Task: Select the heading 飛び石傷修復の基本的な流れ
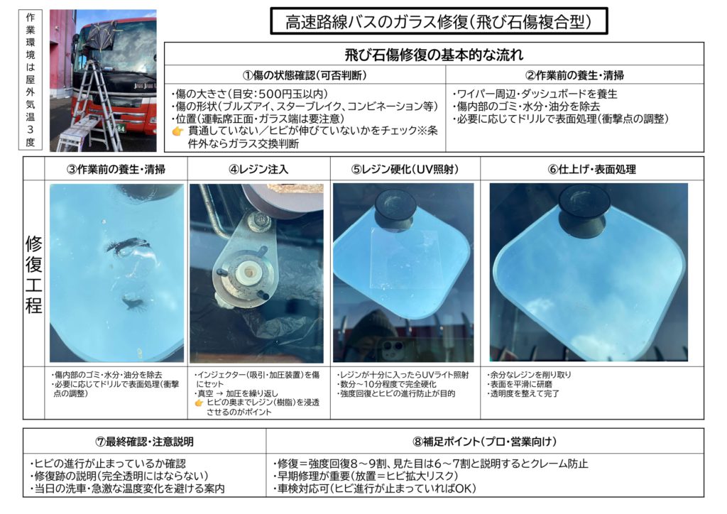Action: pyautogui.click(x=434, y=55)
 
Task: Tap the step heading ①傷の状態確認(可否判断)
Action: pyautogui.click(x=305, y=75)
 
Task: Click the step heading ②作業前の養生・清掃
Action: pyautogui.click(x=574, y=75)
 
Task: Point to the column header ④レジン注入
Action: pyautogui.click(x=258, y=169)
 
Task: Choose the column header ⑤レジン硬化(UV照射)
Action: pyautogui.click(x=405, y=169)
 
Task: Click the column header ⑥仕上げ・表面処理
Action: pyautogui.click(x=591, y=169)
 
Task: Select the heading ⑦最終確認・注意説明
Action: pyautogui.click(x=144, y=442)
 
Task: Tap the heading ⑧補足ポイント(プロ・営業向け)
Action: pyautogui.click(x=484, y=442)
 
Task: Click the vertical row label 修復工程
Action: pyautogui.click(x=33, y=274)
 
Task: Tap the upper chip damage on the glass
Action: pyautogui.click(x=129, y=245)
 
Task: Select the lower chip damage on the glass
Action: pyautogui.click(x=134, y=302)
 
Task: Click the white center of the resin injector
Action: pyautogui.click(x=249, y=272)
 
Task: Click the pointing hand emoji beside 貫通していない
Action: pyautogui.click(x=178, y=131)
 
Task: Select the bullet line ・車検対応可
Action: pyautogui.click(x=375, y=488)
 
